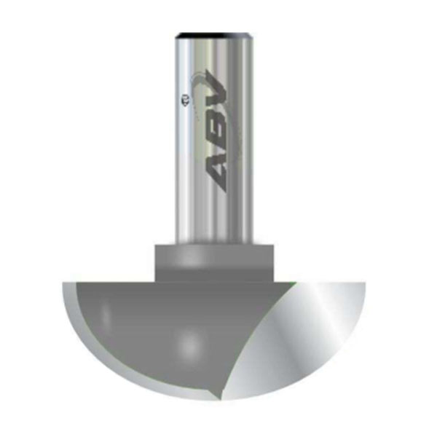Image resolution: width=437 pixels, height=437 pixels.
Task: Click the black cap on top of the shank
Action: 215,33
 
